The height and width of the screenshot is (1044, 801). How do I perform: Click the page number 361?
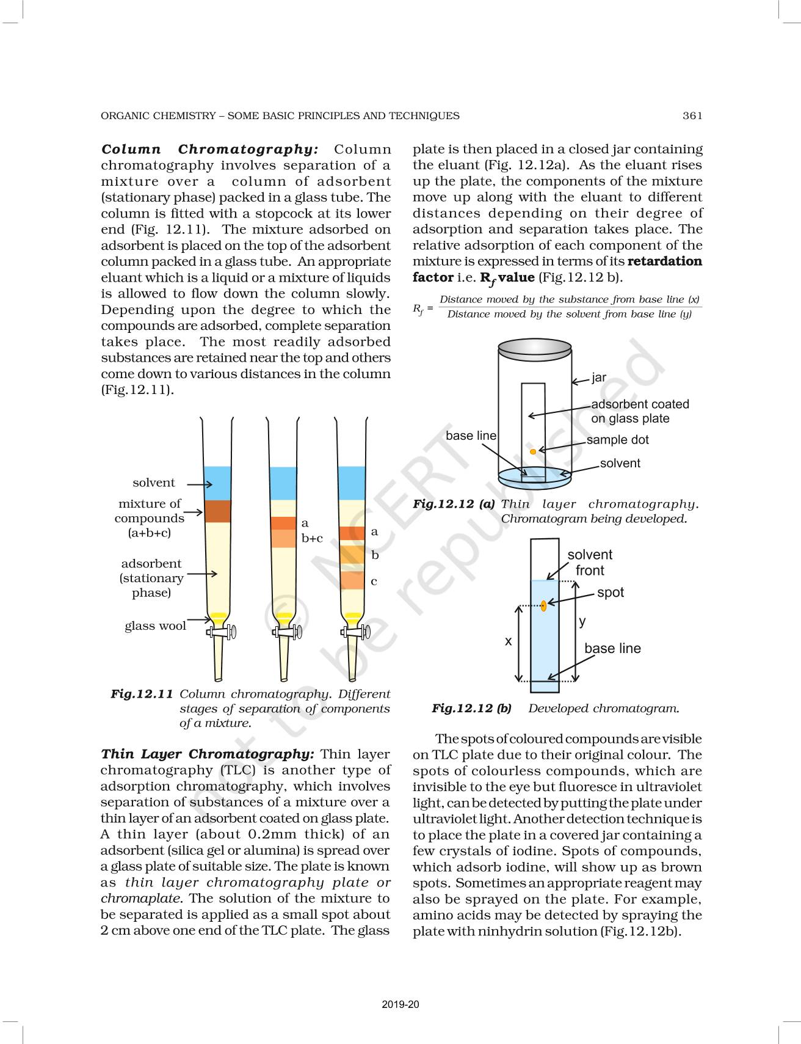[692, 115]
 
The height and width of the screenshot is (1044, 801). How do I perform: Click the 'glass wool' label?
[155, 626]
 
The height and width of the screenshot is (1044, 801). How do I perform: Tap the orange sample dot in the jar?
[533, 451]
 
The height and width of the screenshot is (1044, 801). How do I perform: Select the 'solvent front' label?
[590, 563]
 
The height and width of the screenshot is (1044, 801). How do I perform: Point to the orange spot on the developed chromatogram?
[543, 605]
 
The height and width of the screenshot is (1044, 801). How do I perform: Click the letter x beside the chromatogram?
[508, 641]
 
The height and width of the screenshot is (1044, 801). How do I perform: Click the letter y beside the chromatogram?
[582, 621]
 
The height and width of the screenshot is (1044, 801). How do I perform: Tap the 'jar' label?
[599, 378]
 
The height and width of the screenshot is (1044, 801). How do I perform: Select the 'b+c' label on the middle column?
[312, 538]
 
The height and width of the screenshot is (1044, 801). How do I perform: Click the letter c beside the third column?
[374, 581]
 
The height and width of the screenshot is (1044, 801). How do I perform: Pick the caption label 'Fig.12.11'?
[142, 694]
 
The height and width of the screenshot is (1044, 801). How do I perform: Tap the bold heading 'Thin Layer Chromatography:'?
[207, 754]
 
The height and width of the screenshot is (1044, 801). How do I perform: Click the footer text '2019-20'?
[400, 1004]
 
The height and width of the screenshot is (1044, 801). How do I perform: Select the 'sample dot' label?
[617, 440]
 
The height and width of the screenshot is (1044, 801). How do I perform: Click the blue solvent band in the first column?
[217, 483]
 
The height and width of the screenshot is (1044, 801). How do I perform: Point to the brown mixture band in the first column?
[217, 511]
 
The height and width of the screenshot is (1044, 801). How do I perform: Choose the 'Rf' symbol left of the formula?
[418, 308]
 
